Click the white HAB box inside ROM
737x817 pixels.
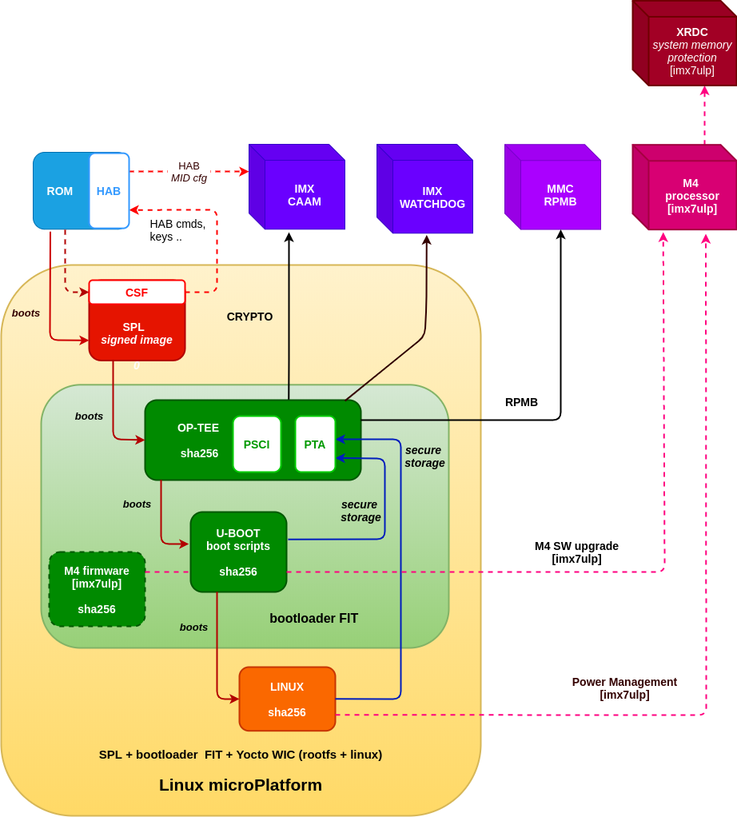click(x=109, y=191)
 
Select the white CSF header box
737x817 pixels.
click(x=137, y=293)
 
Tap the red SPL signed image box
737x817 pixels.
click(x=137, y=333)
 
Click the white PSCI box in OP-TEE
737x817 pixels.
click(x=257, y=444)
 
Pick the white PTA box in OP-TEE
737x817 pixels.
click(x=315, y=444)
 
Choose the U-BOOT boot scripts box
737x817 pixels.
click(x=238, y=552)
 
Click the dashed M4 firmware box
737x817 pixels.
click(x=97, y=589)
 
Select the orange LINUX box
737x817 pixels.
click(x=287, y=699)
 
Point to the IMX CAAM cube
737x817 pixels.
click(x=304, y=194)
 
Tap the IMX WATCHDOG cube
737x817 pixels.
click(x=432, y=197)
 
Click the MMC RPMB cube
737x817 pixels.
click(x=560, y=194)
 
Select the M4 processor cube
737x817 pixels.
click(x=691, y=195)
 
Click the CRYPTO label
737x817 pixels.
click(x=249, y=317)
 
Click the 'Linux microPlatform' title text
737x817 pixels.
click(x=241, y=785)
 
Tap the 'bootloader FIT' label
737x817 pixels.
click(x=313, y=618)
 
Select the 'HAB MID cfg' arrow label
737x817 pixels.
click(x=189, y=172)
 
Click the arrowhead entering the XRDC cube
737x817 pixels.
click(x=704, y=91)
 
